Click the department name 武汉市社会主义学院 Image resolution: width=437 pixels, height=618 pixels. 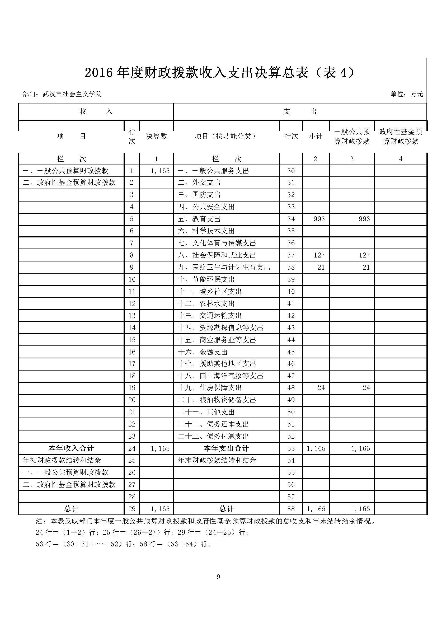(x=72, y=94)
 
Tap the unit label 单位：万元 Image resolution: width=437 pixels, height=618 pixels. (x=407, y=94)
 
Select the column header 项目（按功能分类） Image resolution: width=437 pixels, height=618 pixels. (x=225, y=136)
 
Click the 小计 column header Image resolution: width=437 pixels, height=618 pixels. (x=315, y=136)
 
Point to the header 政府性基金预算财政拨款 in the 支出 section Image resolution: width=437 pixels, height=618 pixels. (x=400, y=136)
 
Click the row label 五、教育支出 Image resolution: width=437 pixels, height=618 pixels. (x=199, y=219)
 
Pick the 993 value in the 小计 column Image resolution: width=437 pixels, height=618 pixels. (x=319, y=219)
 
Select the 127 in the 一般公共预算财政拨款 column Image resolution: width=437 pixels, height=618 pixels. (x=364, y=255)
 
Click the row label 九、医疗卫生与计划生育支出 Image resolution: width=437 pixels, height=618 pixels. (x=224, y=267)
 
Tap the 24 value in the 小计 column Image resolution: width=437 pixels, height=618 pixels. (x=321, y=388)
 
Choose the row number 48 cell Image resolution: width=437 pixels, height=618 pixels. (x=291, y=388)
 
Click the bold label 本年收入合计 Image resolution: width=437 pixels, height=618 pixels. (x=71, y=448)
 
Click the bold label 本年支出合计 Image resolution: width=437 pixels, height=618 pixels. (x=226, y=448)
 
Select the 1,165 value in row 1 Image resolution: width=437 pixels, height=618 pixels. (x=160, y=171)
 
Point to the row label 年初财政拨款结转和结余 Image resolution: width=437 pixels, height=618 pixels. (x=62, y=460)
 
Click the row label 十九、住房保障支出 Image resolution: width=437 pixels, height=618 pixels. (x=210, y=388)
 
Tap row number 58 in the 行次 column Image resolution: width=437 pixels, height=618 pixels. (x=291, y=509)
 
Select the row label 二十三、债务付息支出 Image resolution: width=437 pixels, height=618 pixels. (x=213, y=436)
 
